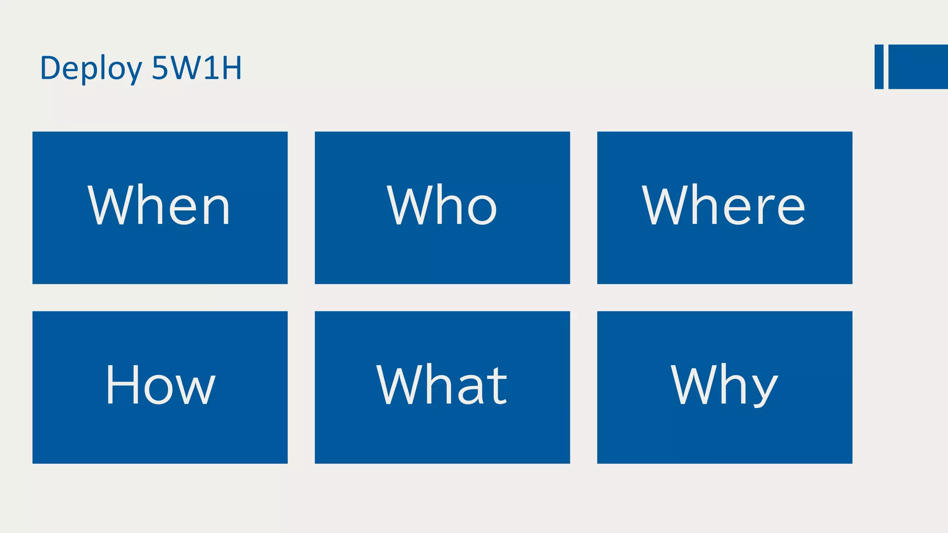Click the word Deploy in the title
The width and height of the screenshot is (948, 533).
tap(91, 68)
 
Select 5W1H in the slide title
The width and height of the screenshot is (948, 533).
tap(197, 68)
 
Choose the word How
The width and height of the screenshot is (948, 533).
tap(161, 384)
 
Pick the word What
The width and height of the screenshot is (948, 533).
tap(442, 384)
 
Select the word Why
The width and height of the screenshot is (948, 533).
tap(724, 384)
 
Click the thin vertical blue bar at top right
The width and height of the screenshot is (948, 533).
tap(879, 67)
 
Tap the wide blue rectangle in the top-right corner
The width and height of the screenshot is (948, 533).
tap(918, 67)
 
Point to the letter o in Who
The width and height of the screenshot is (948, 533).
tap(482, 211)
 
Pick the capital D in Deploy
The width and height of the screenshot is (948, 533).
tap(50, 68)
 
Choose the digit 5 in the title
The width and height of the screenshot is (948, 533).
tap(160, 68)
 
